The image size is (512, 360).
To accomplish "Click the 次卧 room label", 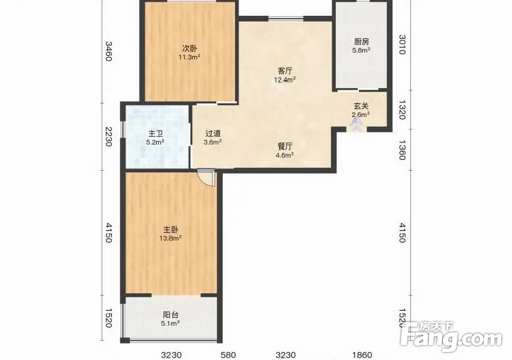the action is [x=189, y=49].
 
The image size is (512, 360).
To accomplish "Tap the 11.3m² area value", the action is [x=189, y=57].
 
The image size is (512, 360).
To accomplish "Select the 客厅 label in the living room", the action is [x=285, y=71].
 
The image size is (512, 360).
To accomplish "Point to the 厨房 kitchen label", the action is [x=362, y=42].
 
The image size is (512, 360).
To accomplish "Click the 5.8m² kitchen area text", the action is [x=361, y=50].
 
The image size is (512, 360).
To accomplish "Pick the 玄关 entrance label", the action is [x=361, y=106].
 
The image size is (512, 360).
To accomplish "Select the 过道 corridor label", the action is [x=213, y=133].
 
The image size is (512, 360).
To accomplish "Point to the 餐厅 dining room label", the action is [x=285, y=146].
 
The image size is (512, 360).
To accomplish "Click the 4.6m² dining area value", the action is [x=284, y=155].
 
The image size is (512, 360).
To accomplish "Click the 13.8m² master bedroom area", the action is [x=171, y=238].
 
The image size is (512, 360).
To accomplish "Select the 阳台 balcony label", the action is [x=171, y=315].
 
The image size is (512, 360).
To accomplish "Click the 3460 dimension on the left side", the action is [x=109, y=51].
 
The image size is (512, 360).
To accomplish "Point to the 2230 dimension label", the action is [x=109, y=137].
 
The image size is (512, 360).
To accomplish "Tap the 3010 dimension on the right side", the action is [x=402, y=45].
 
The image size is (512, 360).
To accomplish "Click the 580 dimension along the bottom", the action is [x=228, y=354].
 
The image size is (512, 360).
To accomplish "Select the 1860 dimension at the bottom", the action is [x=362, y=354].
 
